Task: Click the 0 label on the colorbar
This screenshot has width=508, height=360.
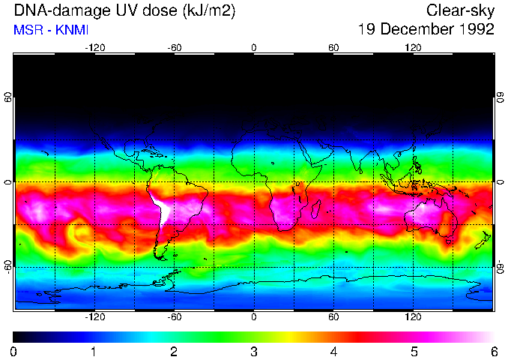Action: pos(13,351)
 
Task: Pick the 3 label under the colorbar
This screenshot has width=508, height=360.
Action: pos(254,351)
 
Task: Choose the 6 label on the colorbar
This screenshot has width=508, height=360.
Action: pos(494,351)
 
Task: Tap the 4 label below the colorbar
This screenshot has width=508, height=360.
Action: pos(334,351)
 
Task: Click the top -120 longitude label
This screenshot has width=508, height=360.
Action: pos(94,47)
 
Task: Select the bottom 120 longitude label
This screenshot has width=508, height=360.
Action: pos(413,316)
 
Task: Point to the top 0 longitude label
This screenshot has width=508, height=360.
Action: pos(254,47)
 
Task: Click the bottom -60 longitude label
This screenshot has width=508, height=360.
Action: pos(175,316)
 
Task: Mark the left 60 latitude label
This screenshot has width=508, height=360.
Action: pos(8,98)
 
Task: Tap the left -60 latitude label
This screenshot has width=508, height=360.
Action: pos(8,266)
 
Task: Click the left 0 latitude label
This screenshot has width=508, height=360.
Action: pos(8,182)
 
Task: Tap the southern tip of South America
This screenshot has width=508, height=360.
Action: pos(161,258)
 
